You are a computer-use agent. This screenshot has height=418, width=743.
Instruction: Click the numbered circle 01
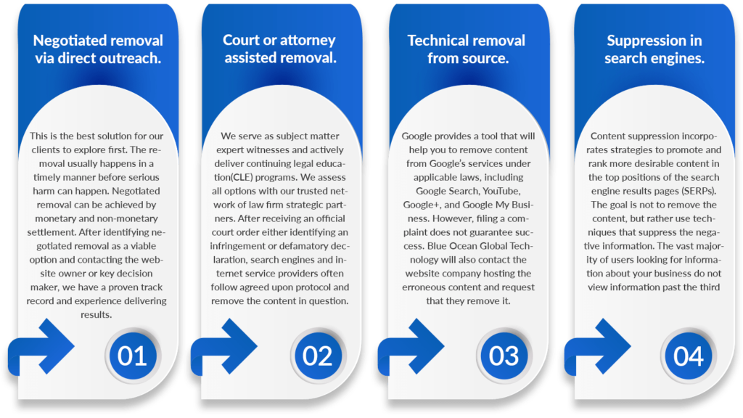click(132, 356)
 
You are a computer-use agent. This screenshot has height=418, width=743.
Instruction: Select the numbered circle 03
click(504, 356)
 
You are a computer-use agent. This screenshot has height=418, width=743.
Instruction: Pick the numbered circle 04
click(689, 356)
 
